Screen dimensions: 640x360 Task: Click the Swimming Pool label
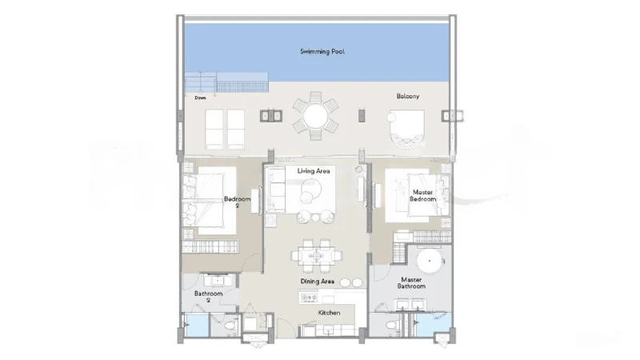pos(322,51)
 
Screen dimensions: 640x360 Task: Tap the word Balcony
pos(408,96)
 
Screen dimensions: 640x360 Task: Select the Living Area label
pos(314,170)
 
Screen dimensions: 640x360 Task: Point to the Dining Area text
pos(317,282)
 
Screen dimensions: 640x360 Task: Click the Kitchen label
pos(329,313)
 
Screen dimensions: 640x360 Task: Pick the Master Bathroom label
pos(411,283)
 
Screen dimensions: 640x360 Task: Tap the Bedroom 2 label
pos(237,202)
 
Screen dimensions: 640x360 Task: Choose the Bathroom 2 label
pos(208,297)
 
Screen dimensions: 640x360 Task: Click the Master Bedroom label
pos(423,195)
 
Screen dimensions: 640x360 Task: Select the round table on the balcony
pos(315,116)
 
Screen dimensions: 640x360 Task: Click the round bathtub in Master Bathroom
pos(430,261)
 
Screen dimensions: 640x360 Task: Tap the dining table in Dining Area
pos(316,256)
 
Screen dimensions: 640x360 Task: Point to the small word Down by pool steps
pos(201,98)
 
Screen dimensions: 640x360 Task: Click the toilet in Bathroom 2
pos(230,326)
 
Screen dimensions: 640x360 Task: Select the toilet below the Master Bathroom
pos(391,326)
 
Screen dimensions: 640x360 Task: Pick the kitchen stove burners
pos(309,298)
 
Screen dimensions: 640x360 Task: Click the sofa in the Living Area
pos(276,190)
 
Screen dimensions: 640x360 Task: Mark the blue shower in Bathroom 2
pos(197,325)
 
